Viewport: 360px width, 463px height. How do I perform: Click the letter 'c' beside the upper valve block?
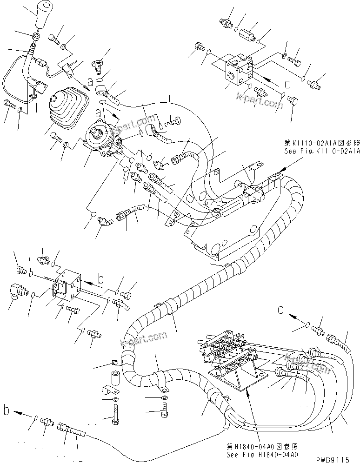coord(287,84)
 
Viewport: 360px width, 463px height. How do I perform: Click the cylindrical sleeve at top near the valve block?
coord(247,35)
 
